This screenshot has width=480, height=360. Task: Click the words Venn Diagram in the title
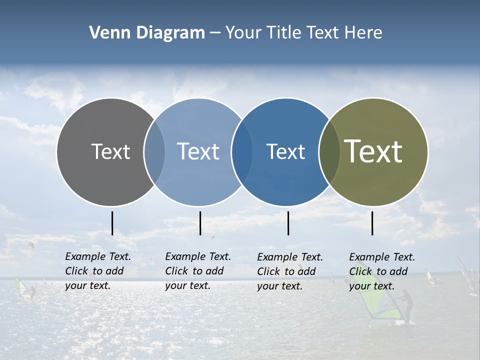[147, 33]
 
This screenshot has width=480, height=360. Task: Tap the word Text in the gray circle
[110, 151]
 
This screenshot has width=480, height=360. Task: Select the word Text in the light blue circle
[198, 151]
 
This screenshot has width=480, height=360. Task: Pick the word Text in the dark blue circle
[285, 151]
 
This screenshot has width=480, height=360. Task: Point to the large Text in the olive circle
[373, 151]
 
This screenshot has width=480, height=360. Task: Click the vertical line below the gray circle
[112, 223]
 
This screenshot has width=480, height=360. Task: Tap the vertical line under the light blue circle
[200, 223]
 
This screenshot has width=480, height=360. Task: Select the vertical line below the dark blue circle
[288, 223]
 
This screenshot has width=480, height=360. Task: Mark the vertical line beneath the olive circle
[372, 223]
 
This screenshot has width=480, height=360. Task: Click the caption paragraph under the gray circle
[97, 271]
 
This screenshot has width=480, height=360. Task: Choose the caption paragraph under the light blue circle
[197, 271]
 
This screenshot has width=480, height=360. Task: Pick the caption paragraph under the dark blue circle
[289, 271]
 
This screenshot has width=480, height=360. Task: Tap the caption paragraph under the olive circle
[381, 271]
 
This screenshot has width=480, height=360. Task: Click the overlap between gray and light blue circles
[155, 151]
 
